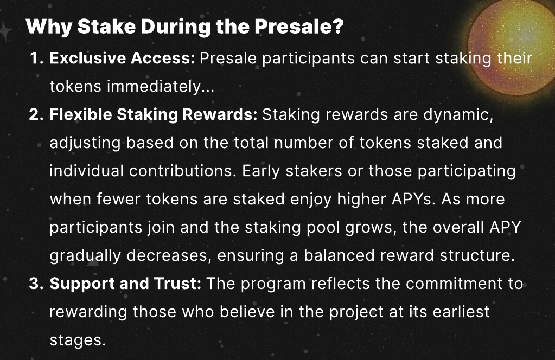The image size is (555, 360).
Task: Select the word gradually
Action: (x=87, y=256)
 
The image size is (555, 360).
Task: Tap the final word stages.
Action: (x=75, y=340)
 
